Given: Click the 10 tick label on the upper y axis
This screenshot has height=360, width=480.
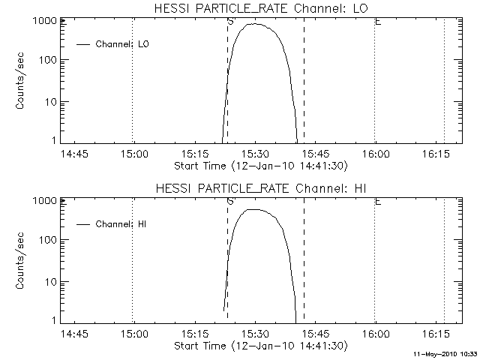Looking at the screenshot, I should tap(52, 101).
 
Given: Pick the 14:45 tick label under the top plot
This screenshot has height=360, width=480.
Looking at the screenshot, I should tap(73, 154).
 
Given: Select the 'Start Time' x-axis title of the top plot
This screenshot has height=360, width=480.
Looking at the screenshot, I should tap(259, 166).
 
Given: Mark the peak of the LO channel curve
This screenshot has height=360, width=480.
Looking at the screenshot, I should tap(255, 24).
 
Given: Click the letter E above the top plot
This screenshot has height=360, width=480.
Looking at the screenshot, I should tap(377, 22).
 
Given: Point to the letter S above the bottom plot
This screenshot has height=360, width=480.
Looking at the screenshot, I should tap(229, 202).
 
